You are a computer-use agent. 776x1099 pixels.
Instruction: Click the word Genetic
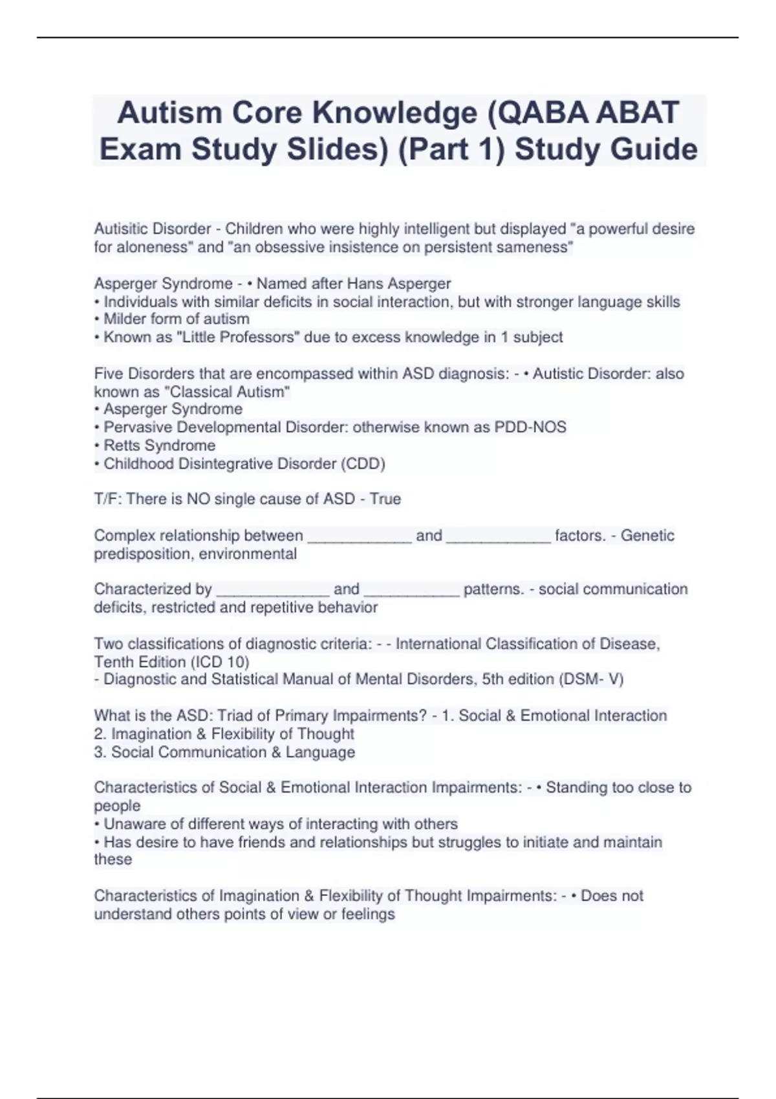647,535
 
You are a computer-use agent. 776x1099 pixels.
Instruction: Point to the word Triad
241,716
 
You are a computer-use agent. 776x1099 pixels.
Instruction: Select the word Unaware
133,824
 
